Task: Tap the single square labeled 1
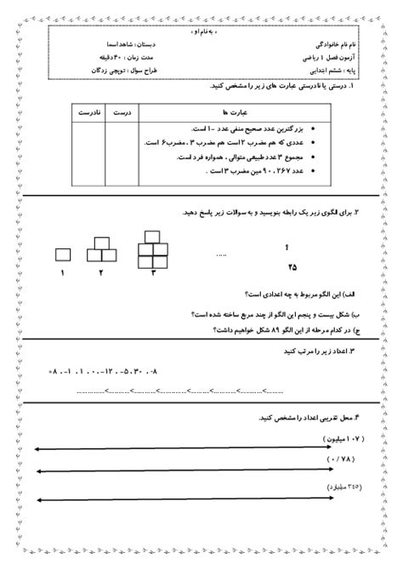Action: click(63, 253)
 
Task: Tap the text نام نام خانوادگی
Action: click(326, 43)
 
